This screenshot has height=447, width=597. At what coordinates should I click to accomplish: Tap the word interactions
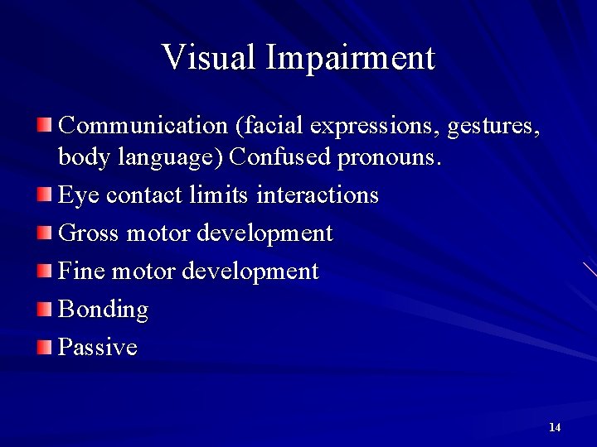(x=318, y=195)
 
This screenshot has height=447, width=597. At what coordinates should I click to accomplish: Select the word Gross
(x=89, y=233)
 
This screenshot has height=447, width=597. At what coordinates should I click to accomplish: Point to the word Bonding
(x=103, y=310)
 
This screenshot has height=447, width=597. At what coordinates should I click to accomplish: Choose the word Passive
(x=97, y=347)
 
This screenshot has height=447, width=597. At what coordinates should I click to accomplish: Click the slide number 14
(x=555, y=427)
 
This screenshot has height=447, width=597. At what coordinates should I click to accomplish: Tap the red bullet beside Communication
(x=44, y=125)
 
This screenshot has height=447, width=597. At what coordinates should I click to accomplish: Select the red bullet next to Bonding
(x=44, y=309)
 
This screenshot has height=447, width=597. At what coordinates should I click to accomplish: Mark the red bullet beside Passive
(x=44, y=346)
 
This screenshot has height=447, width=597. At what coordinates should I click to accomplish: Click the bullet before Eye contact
(x=44, y=195)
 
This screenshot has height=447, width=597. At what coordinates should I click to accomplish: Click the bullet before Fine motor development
(x=44, y=271)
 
